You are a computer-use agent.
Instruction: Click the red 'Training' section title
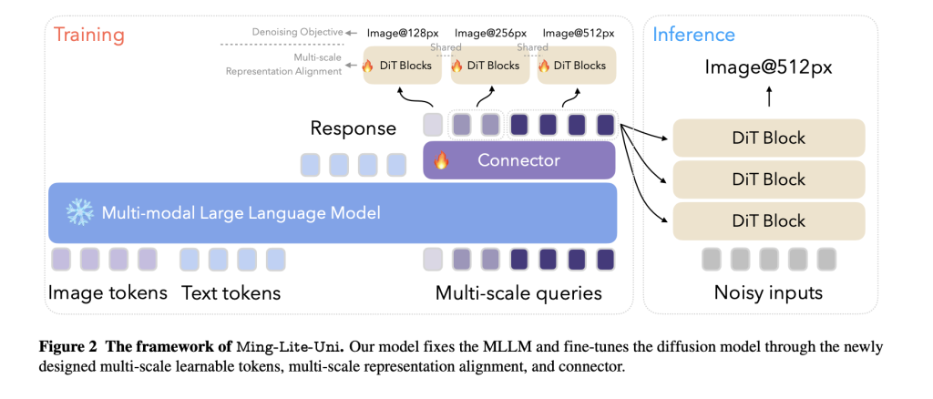[88, 36]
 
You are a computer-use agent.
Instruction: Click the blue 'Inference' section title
[693, 36]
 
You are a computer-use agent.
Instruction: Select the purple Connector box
[519, 160]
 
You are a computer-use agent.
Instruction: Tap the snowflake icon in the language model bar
[79, 213]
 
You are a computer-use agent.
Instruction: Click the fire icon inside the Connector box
[442, 161]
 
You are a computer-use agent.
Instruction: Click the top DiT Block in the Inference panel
[768, 138]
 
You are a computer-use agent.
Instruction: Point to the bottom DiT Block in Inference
[768, 220]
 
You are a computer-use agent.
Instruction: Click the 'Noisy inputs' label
[768, 292]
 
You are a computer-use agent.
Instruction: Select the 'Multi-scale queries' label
[518, 292]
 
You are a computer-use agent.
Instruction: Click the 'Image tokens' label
[108, 292]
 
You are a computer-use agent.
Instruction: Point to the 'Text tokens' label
[231, 292]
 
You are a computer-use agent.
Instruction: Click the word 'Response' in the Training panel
[354, 128]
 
